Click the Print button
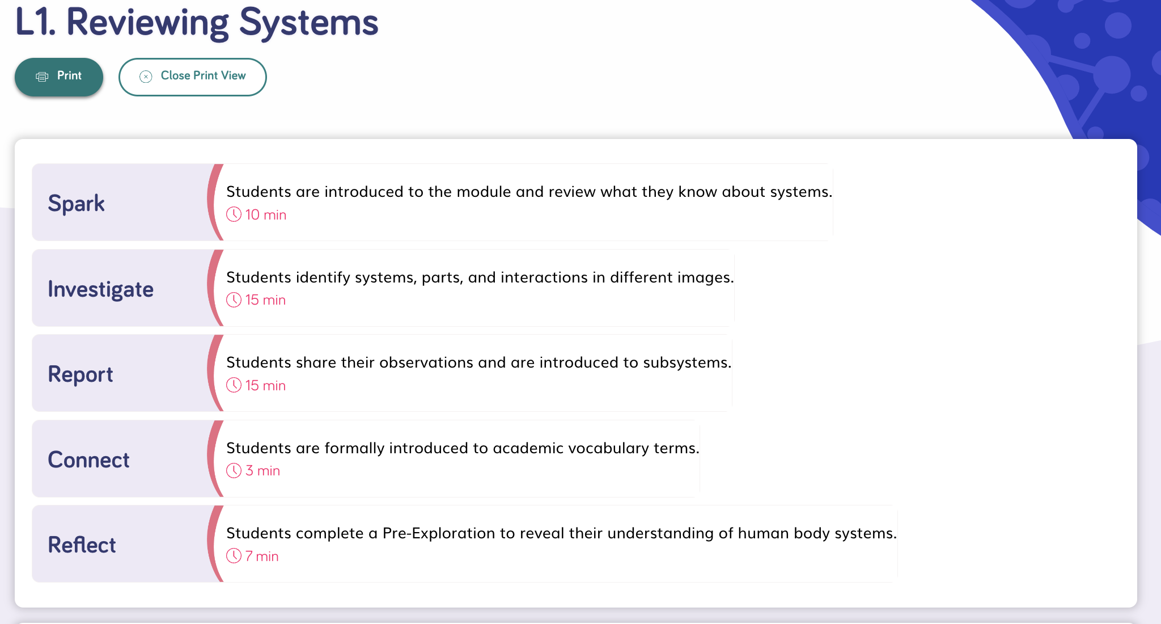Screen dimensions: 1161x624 tap(59, 77)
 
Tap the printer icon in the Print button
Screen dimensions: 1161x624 tap(42, 77)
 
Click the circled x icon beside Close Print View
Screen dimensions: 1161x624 tap(146, 77)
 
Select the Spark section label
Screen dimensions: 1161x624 tap(77, 203)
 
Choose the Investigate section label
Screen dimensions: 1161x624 tap(101, 289)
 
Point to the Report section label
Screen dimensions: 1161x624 tap(80, 374)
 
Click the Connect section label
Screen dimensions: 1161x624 tap(89, 459)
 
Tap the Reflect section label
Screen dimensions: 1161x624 tap(82, 545)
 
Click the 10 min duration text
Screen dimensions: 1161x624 tap(266, 215)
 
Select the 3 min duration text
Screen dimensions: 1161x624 tap(263, 471)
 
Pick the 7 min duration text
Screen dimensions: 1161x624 tap(262, 556)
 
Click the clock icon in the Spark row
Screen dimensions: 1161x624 tap(234, 214)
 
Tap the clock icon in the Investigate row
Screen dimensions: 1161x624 tap(234, 300)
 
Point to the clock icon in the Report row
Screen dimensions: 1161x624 tap(234, 385)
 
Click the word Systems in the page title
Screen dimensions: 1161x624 tap(309, 23)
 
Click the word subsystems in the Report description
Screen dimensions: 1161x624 tap(688, 362)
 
